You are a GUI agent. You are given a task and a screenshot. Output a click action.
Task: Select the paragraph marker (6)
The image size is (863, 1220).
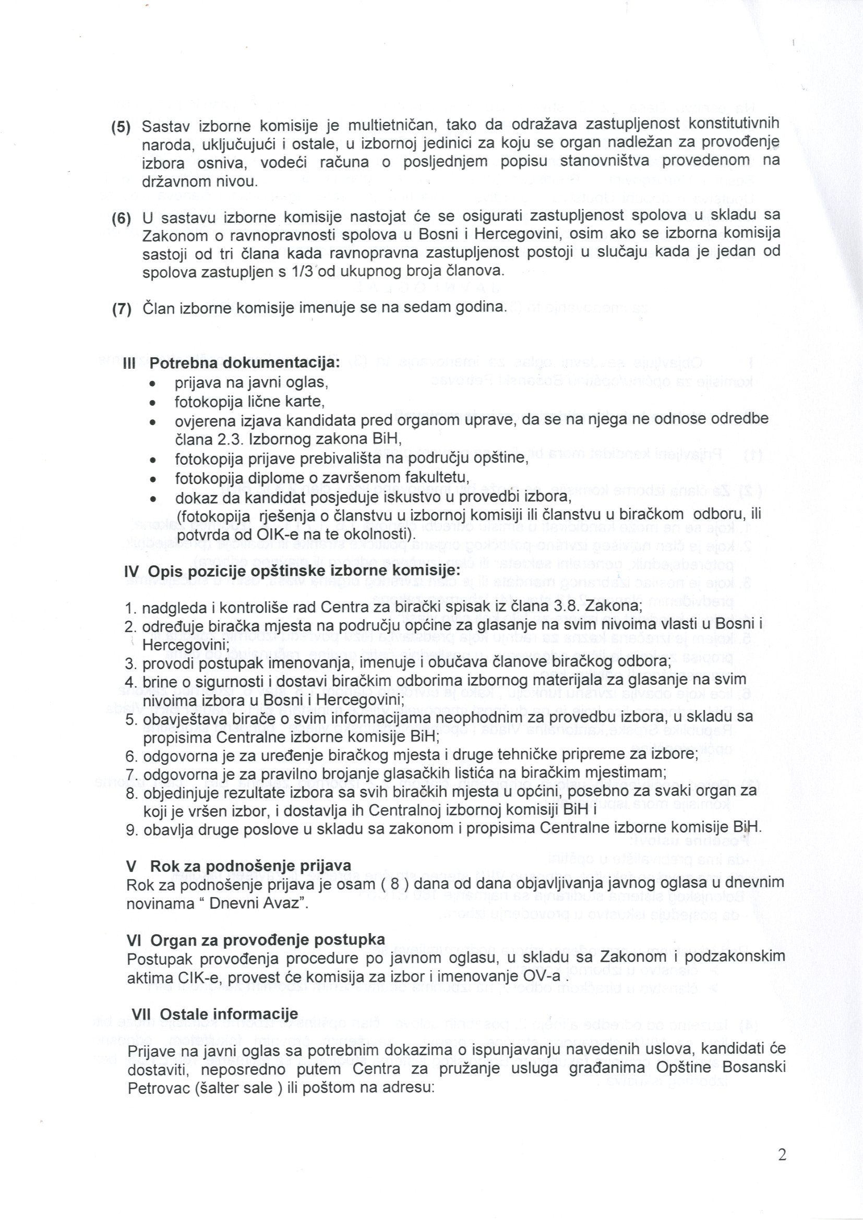point(121,219)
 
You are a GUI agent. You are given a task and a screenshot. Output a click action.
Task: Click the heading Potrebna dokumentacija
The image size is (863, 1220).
point(244,364)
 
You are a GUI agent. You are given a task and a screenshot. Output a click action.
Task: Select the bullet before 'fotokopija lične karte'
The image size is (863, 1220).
point(152,403)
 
